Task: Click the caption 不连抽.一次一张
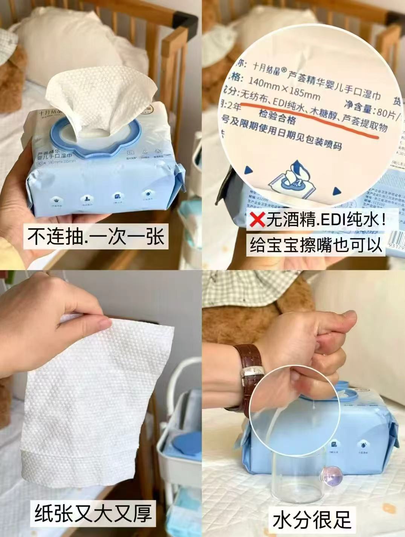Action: point(96,237)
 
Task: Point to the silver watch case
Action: point(251,377)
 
